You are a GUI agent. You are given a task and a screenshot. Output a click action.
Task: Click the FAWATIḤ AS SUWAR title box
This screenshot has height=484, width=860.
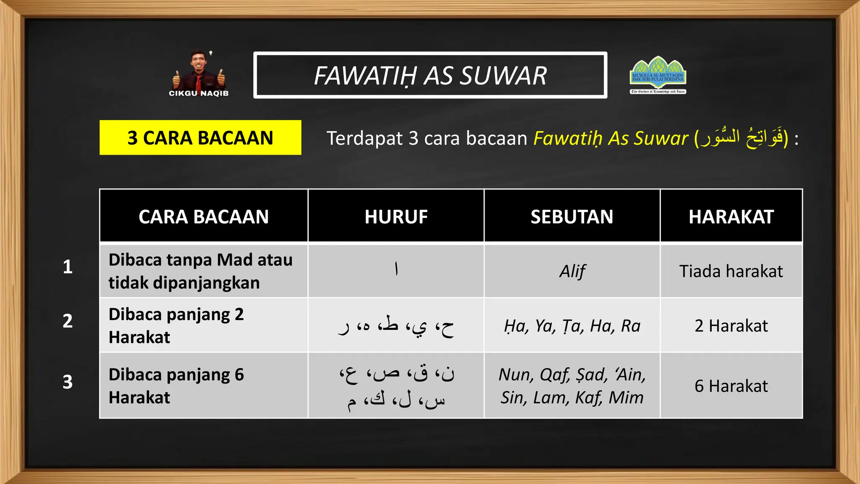[430, 76]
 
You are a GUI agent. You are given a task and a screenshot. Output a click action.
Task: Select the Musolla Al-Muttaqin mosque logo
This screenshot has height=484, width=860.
[658, 75]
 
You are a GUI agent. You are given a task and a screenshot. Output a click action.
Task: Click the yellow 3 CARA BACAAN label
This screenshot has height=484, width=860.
[200, 138]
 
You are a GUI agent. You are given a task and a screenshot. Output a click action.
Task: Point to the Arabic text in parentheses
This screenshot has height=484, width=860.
[741, 137]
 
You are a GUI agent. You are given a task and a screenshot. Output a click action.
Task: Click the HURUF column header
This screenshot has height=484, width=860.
[396, 217]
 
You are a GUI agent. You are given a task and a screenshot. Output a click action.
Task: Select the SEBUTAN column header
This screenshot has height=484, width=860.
[572, 217]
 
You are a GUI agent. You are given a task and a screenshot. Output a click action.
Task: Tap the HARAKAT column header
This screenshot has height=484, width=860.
[731, 217]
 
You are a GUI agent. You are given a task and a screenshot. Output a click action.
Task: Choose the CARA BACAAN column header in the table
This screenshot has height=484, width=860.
[204, 217]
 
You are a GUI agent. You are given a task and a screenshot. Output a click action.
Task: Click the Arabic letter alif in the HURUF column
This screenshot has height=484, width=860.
[396, 269]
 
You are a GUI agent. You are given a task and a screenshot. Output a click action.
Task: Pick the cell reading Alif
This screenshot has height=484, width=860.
[572, 271]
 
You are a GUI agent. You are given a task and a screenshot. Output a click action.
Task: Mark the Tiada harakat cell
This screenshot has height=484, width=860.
[731, 271]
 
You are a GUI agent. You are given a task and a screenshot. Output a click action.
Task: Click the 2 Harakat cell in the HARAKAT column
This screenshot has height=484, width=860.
[731, 326]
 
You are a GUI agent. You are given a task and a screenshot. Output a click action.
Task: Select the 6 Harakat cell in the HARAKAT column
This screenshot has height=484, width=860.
[731, 386]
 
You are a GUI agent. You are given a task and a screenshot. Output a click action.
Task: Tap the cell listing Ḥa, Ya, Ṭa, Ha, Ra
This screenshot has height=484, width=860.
[572, 326]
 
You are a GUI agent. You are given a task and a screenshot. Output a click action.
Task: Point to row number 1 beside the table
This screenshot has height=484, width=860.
[68, 267]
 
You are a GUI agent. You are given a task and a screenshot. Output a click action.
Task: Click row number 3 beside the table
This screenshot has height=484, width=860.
[68, 382]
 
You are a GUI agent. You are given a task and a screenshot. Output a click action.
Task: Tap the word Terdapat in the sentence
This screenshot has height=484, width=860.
[364, 138]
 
